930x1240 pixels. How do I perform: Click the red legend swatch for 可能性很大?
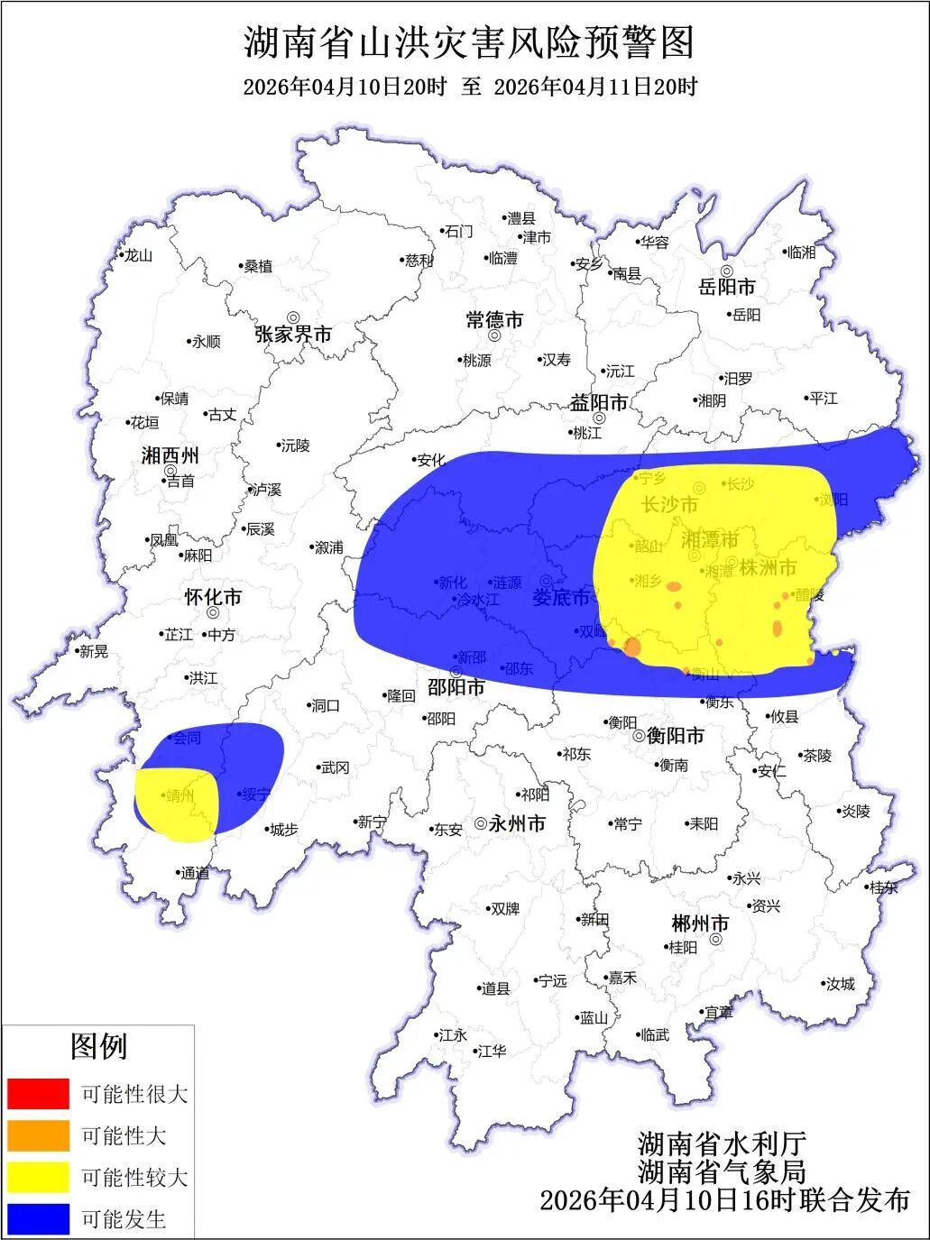click(38, 1093)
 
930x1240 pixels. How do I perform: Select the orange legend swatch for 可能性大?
click(38, 1135)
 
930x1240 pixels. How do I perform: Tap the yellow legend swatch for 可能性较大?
click(38, 1177)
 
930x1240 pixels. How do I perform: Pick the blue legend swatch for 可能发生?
click(38, 1218)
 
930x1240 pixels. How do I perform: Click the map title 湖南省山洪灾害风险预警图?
click(469, 42)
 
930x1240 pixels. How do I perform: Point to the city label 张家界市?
click(293, 335)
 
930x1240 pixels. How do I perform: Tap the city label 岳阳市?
click(727, 288)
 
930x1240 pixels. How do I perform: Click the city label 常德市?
click(494, 320)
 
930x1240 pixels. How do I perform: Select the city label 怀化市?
click(213, 597)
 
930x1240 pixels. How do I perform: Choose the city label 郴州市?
click(700, 923)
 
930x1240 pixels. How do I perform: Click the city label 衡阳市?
click(675, 736)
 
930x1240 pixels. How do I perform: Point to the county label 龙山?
click(138, 255)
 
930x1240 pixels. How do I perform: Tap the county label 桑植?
click(258, 266)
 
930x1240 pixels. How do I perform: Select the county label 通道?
click(195, 872)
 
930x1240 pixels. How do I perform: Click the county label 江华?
click(493, 1051)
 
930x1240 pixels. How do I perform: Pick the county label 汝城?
click(841, 984)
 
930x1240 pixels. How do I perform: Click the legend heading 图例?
click(99, 1046)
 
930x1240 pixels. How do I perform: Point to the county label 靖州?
click(180, 795)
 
